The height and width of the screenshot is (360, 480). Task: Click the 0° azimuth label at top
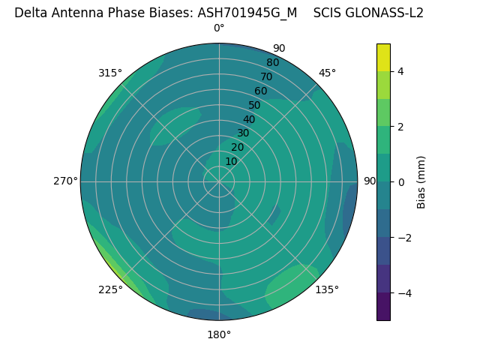point(219,28)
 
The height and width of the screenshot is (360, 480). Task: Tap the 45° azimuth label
point(327,73)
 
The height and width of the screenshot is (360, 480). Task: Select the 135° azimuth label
point(327,289)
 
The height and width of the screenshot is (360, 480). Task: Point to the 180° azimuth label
point(219,334)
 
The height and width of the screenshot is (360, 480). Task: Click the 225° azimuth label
point(110,290)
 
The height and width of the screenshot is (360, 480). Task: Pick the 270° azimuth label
point(65,181)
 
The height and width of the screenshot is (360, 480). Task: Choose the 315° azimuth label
point(110,73)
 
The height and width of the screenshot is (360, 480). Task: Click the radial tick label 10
point(231,161)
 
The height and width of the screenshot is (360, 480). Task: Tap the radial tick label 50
point(254,106)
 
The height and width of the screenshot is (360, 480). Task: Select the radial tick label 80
point(272,63)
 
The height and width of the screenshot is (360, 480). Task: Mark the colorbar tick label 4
point(401,71)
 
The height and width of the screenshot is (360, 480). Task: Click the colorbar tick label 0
point(401,182)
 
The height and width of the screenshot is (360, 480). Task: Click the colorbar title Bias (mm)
point(421,182)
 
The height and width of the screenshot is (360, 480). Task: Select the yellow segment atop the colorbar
point(383,57)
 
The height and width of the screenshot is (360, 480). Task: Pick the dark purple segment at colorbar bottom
point(383,307)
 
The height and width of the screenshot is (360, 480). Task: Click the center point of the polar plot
point(219,181)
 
